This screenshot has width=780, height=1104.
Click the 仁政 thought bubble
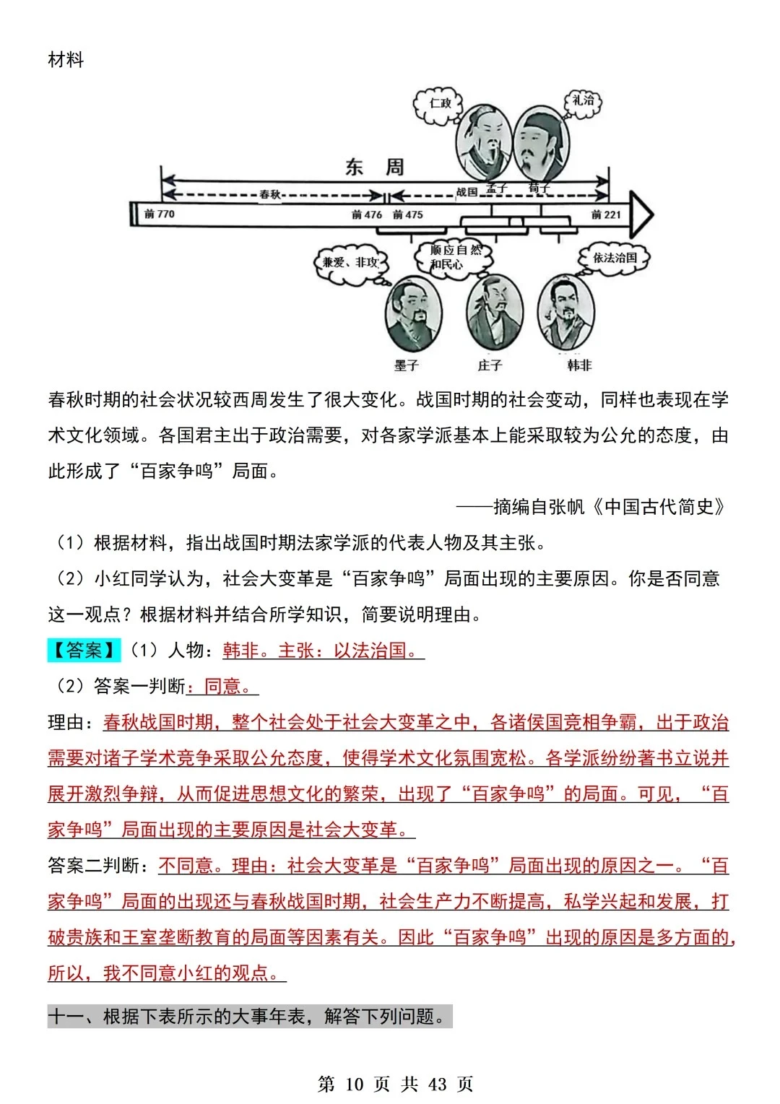coord(439,103)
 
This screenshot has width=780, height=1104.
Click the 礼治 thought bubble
coord(582,101)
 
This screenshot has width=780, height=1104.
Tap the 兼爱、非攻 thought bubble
coord(351,262)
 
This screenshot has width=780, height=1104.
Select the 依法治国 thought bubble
coord(615,258)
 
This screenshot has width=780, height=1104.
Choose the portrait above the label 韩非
coord(566,312)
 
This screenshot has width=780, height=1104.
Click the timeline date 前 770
coord(160,214)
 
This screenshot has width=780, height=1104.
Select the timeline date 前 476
coord(367,214)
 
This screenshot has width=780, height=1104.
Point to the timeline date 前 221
coord(605,214)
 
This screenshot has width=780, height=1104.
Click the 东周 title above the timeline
coord(374,168)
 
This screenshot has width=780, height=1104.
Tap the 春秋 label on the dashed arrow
coord(269,194)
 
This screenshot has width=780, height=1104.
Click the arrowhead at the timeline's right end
coord(641,214)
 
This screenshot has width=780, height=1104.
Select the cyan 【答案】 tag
coord(84,651)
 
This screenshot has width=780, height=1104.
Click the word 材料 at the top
coord(66,60)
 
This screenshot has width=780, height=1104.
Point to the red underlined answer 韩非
coord(241,651)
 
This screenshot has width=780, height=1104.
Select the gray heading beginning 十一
coord(249,1017)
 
